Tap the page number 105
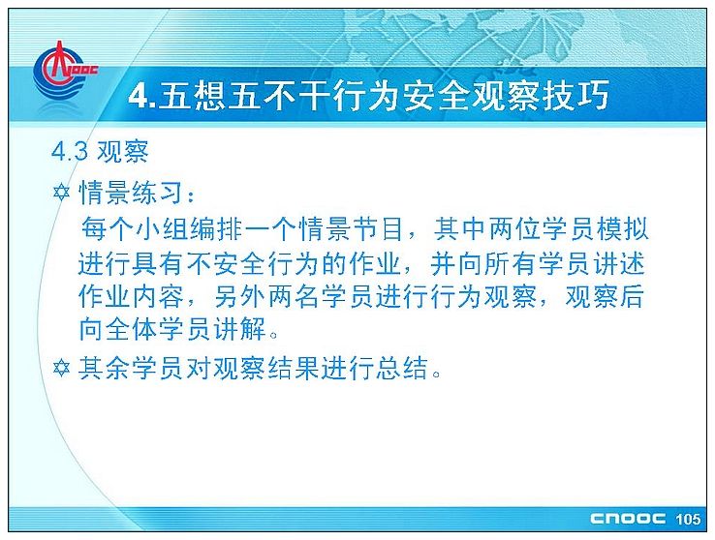pyautogui.click(x=688, y=519)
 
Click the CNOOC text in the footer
pyautogui.click(x=628, y=519)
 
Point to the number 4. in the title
pyautogui.click(x=142, y=96)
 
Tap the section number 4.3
pyautogui.click(x=70, y=152)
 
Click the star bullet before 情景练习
pyautogui.click(x=61, y=193)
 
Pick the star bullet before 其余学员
pyautogui.click(x=61, y=368)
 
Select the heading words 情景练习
pyautogui.click(x=132, y=193)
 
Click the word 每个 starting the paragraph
pyautogui.click(x=108, y=229)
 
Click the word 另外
pyautogui.click(x=240, y=297)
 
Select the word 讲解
pyautogui.click(x=239, y=330)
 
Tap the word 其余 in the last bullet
pyautogui.click(x=105, y=368)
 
